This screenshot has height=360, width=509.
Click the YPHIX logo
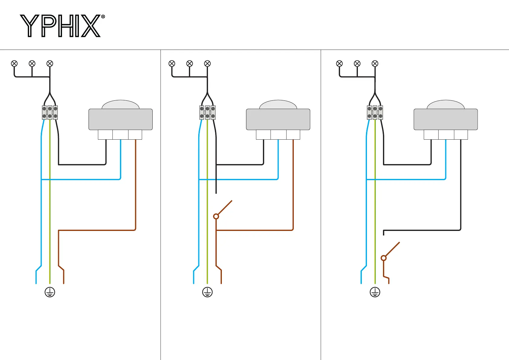pos(60,26)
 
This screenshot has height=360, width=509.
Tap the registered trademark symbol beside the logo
pos(103,17)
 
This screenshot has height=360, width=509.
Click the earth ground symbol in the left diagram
pos(50,292)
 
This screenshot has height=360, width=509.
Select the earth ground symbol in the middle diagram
pos(207,292)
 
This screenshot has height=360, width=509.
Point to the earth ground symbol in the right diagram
pos(375,292)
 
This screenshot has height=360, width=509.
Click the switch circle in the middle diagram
pos(216,216)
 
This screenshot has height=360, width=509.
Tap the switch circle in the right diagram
pos(384,258)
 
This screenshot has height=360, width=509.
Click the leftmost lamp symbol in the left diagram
pos(14,63)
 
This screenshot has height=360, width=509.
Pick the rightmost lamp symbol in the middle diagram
pos(207,63)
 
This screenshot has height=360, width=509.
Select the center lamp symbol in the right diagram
pos(357,63)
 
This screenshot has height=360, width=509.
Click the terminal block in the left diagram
pos(50,112)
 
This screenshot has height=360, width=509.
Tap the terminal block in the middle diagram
pos(207,112)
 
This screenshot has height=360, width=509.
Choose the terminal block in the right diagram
pos(375,112)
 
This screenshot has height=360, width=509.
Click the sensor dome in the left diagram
pos(121,105)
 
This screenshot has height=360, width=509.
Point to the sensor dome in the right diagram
pos(446,105)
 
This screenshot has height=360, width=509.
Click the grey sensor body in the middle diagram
pos(278,120)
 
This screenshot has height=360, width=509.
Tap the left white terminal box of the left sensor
pos(105,135)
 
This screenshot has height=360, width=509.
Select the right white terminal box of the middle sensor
pos(293,135)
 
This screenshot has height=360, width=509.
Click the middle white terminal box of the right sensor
pos(446,135)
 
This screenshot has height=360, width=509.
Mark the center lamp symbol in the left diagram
pos(32,63)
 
